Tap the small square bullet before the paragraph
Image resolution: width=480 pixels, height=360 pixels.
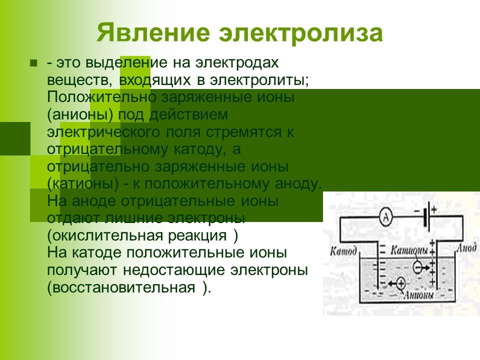click(33, 63)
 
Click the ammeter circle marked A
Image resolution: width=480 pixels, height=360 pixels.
click(384, 216)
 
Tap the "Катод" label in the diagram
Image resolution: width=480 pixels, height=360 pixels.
click(343, 250)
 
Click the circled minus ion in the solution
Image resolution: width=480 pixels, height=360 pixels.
click(416, 267)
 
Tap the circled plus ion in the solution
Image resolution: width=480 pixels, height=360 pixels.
click(400, 283)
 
